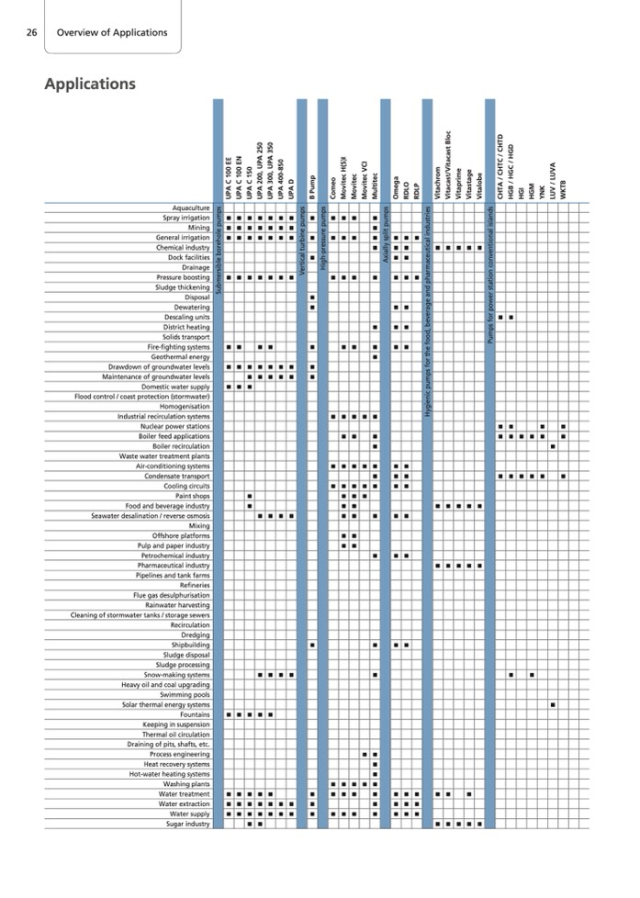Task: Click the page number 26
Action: [x=31, y=33]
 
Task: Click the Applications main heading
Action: [x=90, y=84]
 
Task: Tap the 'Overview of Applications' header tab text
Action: [x=112, y=33]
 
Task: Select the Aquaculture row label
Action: [x=185, y=208]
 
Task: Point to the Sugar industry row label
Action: [x=187, y=824]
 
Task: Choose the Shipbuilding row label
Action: [x=188, y=645]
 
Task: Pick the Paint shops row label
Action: [x=190, y=497]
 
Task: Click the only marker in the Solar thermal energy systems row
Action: [x=553, y=704]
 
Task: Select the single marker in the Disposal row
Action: [x=313, y=297]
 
